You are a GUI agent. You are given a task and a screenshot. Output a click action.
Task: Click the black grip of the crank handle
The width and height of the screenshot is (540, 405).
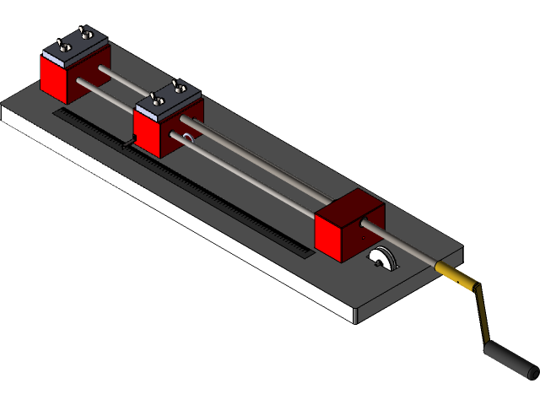510,358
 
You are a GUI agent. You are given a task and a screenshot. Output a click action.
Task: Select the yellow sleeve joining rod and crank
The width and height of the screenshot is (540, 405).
452,273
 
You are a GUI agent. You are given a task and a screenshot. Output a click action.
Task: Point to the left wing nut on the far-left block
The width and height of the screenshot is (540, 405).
59,45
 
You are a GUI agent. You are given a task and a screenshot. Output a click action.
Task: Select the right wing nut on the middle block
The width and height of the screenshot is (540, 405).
178,85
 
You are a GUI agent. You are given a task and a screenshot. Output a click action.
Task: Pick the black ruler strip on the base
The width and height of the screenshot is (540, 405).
211,193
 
